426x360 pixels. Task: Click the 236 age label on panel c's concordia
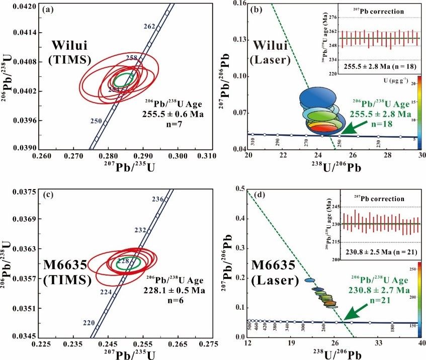tap(157, 200)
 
